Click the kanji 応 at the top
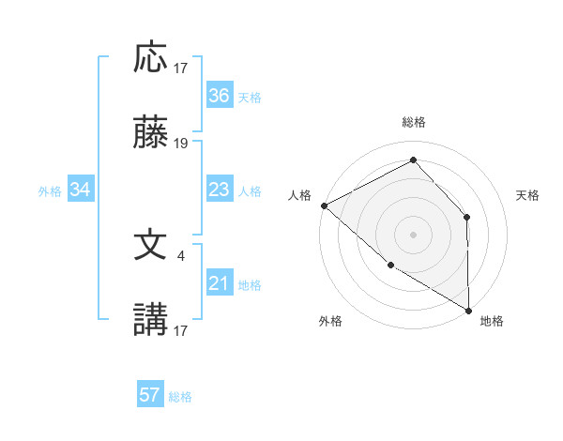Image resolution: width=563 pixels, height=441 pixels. [x=150, y=58]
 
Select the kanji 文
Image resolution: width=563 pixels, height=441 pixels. [x=150, y=246]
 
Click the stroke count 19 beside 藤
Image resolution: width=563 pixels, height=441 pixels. [x=181, y=144]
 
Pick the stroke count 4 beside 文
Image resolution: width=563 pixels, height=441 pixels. [x=181, y=253]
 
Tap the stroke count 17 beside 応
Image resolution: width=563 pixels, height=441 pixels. [x=181, y=67]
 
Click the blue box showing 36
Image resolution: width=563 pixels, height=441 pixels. [x=219, y=96]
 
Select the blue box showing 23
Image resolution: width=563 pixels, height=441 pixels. [x=219, y=190]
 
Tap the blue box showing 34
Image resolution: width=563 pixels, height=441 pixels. [x=81, y=190]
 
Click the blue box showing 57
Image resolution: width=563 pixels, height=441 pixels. [x=150, y=395]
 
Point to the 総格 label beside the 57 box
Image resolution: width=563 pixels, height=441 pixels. [x=180, y=397]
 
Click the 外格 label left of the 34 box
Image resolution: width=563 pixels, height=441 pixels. [x=50, y=191]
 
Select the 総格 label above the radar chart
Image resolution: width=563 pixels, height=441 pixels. [x=414, y=122]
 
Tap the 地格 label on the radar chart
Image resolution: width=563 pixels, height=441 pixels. [x=492, y=321]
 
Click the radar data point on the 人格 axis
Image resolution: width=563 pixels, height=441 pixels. [x=324, y=205]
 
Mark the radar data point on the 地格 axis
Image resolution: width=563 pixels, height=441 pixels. [x=468, y=310]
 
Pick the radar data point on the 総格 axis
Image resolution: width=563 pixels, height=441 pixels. [x=413, y=160]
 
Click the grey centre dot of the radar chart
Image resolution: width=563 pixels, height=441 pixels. [x=413, y=234]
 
